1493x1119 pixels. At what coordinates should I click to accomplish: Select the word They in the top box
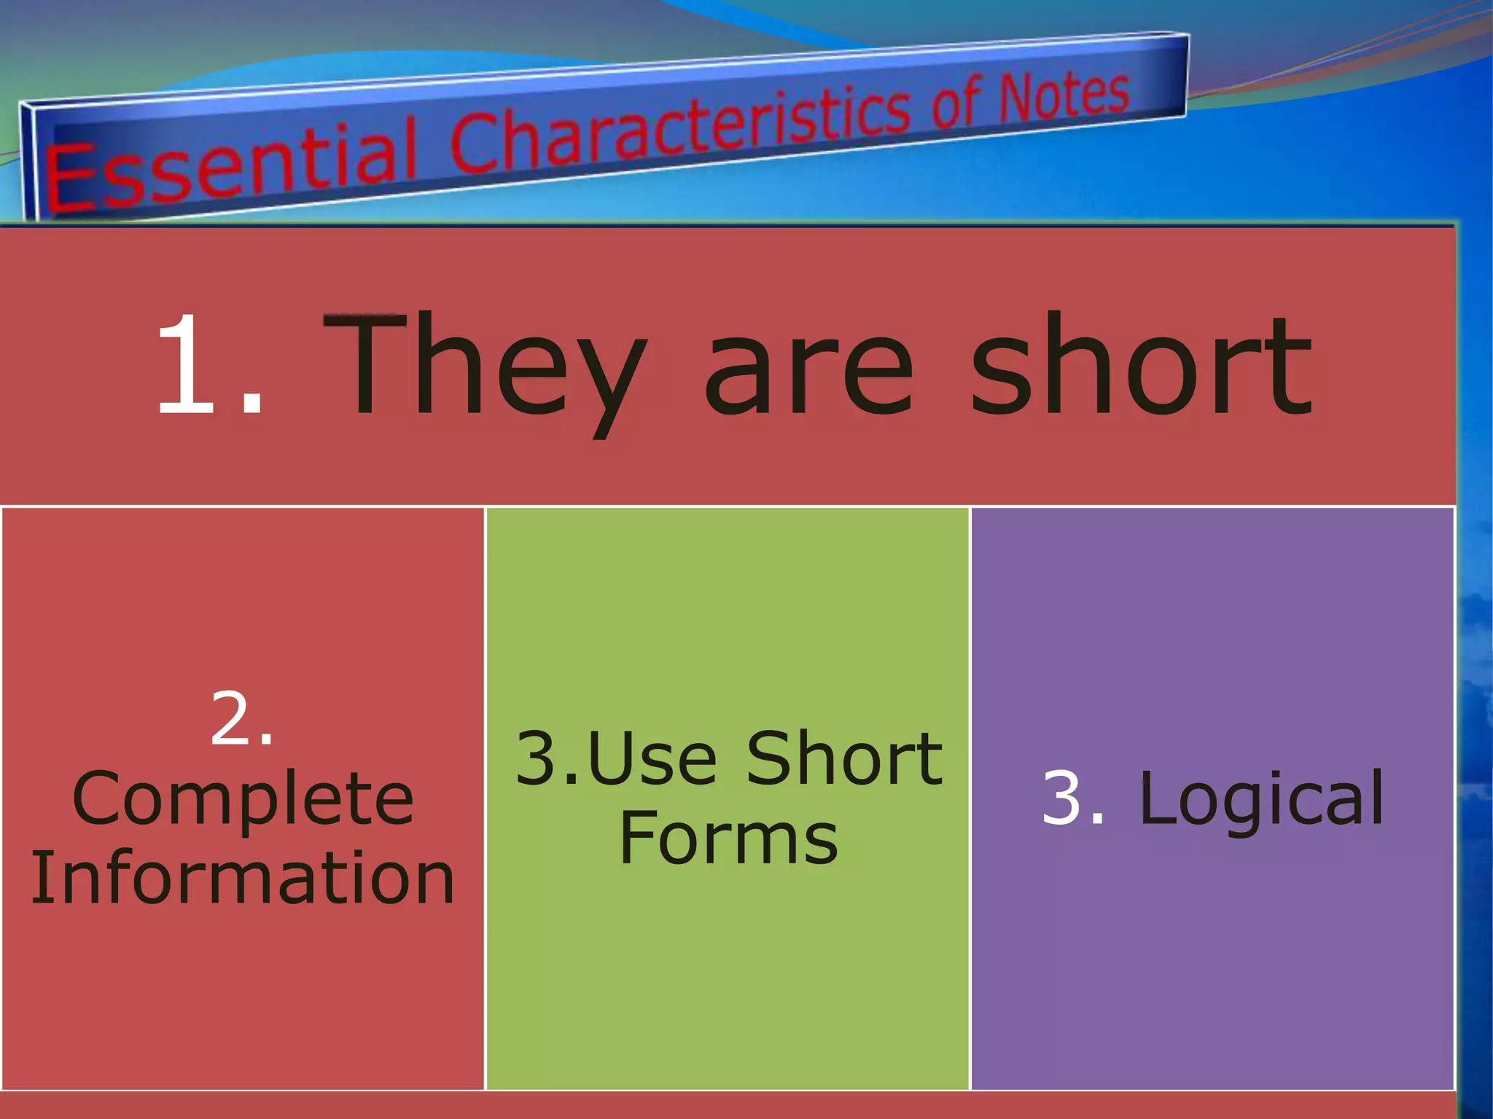click(485, 368)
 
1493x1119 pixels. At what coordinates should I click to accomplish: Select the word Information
click(243, 878)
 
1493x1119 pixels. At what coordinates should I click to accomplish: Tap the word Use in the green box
click(652, 759)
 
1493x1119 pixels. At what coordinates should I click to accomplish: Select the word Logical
click(1262, 800)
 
